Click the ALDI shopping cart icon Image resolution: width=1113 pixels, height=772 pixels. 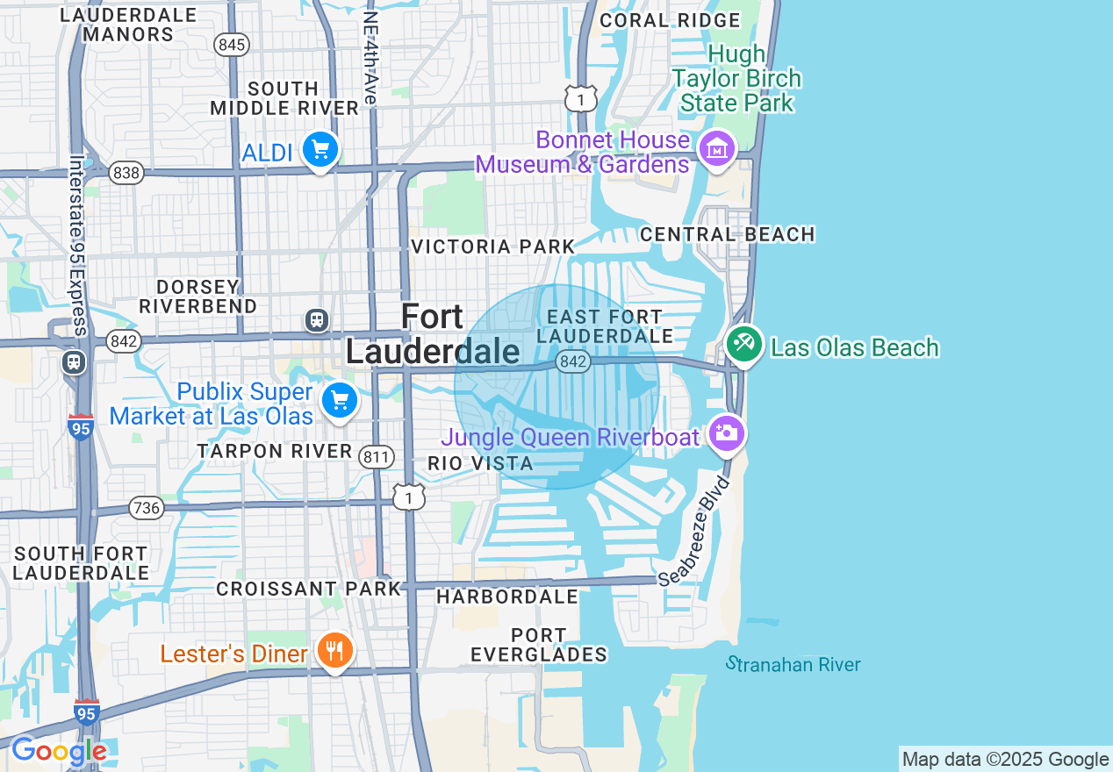tap(320, 150)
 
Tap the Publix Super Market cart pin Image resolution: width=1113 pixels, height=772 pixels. tap(340, 401)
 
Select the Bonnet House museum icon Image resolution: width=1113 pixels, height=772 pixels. tap(718, 149)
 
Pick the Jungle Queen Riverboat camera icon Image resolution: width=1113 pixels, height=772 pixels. tap(726, 432)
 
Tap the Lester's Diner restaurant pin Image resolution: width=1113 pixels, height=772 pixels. tap(334, 651)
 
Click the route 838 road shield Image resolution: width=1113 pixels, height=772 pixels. tap(126, 173)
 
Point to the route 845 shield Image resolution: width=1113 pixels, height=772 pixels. tap(233, 46)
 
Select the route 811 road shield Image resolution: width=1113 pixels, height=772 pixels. tap(376, 455)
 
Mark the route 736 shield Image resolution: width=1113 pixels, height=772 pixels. tap(146, 507)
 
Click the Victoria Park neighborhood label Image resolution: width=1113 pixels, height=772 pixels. tap(492, 247)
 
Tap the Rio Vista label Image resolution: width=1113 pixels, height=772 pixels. tap(480, 463)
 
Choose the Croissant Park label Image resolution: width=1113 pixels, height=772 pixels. tap(308, 589)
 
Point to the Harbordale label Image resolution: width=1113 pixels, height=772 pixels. tap(507, 597)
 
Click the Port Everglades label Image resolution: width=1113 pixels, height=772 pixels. tap(539, 645)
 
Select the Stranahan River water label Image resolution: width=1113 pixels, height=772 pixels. tap(793, 664)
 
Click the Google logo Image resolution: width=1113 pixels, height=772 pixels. tap(59, 752)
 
